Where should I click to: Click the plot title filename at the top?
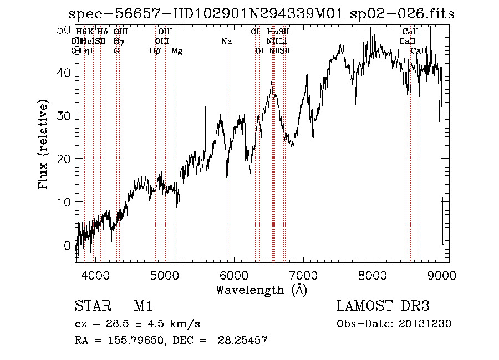point(261,14)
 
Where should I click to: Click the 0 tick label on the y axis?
point(67,245)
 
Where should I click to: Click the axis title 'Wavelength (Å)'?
point(261,290)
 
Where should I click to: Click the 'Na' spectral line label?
point(226,42)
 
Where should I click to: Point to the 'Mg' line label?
point(177,51)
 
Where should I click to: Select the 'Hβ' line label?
point(155,51)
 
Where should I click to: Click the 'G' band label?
point(116,51)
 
